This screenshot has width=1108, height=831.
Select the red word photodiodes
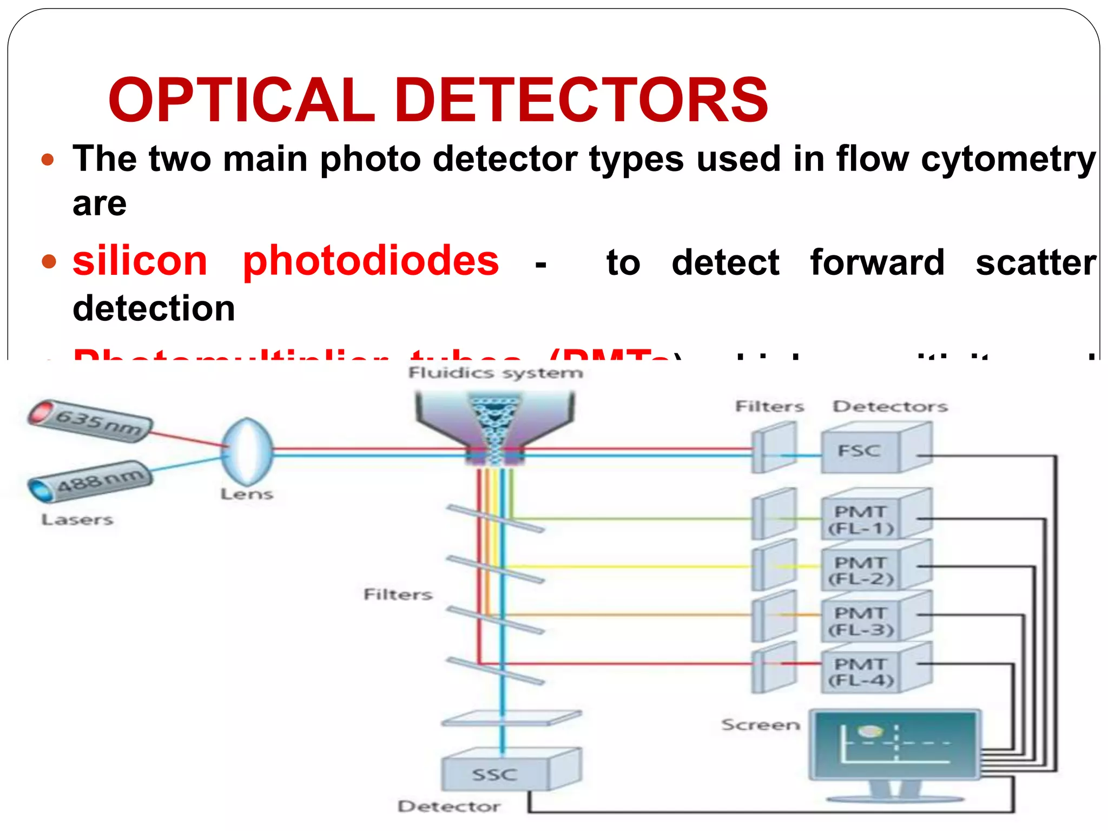coord(371,262)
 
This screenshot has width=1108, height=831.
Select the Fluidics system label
coord(496,373)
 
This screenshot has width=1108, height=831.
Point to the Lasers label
coord(77,520)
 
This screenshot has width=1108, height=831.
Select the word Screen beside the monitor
coord(760,724)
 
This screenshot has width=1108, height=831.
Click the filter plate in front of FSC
coord(774,447)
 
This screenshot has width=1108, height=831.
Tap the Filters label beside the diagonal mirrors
coord(398,595)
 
